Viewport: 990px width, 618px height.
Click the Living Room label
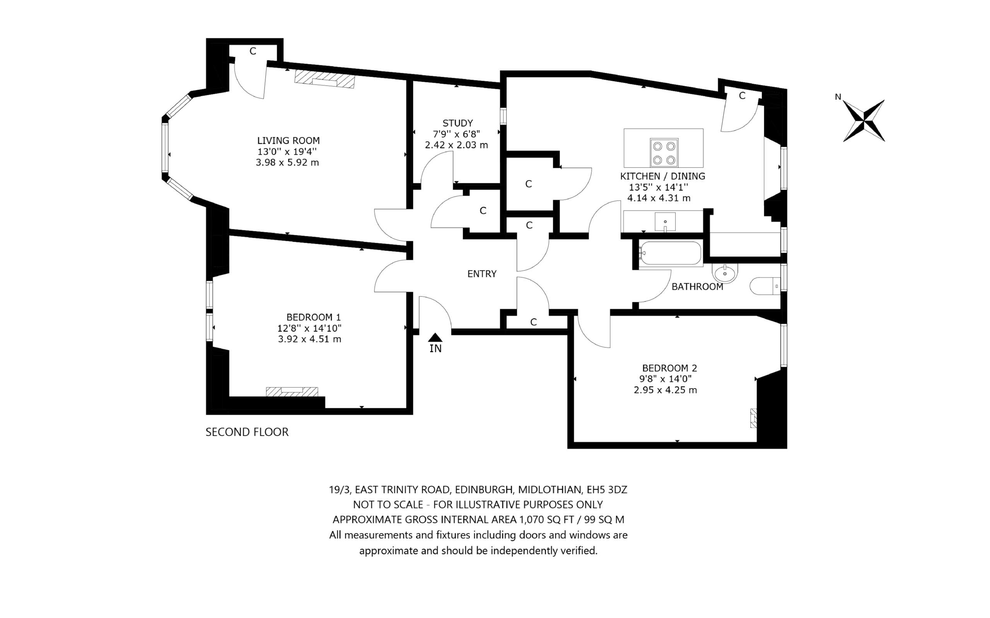(288, 141)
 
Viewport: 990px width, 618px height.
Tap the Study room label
(457, 123)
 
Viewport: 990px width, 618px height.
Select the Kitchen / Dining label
(662, 176)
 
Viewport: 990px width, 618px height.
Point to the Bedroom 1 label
(313, 317)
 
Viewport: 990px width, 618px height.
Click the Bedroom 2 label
(669, 368)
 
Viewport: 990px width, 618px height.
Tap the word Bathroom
(697, 286)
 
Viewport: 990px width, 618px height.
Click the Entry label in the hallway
(482, 274)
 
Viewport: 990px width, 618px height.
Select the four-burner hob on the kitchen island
(664, 152)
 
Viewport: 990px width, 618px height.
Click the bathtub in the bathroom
(670, 253)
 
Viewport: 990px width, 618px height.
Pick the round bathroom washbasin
(725, 273)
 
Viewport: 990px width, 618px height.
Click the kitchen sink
(665, 222)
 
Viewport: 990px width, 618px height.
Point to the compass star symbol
(864, 121)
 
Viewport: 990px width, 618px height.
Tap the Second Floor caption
(247, 432)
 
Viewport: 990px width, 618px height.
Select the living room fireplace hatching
(324, 79)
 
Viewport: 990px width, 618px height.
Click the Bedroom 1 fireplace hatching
(292, 392)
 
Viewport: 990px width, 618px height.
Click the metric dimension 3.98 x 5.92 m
(287, 163)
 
